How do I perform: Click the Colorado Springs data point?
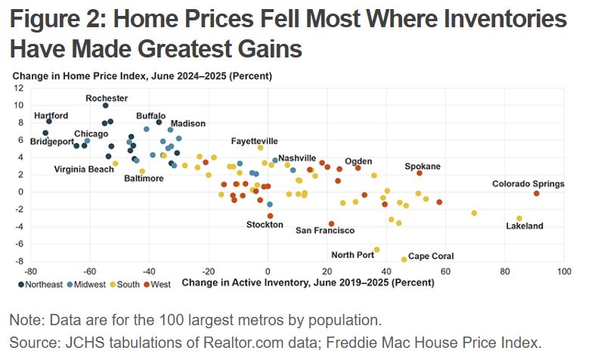point(536,194)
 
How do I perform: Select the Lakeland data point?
point(519,218)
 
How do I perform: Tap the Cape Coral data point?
point(404,259)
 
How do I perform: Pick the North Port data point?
point(377,250)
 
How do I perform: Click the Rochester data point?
point(105,105)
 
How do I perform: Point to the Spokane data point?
point(419,173)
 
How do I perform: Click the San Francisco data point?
point(331,224)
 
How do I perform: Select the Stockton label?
point(265,225)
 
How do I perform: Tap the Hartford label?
point(51,115)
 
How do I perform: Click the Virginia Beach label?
point(84,169)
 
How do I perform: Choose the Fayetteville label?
point(254,141)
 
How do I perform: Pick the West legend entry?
point(159,284)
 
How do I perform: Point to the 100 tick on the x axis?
point(563,271)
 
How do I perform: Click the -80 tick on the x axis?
point(30,271)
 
